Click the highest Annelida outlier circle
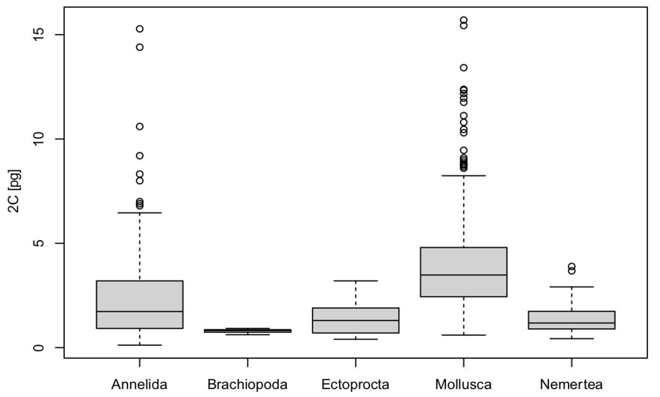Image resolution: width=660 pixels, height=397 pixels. point(140,29)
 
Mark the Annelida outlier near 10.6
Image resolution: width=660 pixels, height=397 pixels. point(140,127)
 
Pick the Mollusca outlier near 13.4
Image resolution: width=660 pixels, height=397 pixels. point(464,68)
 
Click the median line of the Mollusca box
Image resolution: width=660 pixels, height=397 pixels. point(464,275)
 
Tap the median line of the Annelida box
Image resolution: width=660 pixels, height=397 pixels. point(140,311)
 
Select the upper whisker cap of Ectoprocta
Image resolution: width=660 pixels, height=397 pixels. point(355,281)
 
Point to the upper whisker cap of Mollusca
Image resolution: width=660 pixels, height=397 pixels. point(464,176)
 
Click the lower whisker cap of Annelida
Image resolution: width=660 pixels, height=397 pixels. point(140,345)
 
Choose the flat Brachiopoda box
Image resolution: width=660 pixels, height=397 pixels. point(247,331)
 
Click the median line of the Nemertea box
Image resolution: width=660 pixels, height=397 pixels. point(572,323)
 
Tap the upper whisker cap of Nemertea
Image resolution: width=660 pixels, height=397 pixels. point(572,287)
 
